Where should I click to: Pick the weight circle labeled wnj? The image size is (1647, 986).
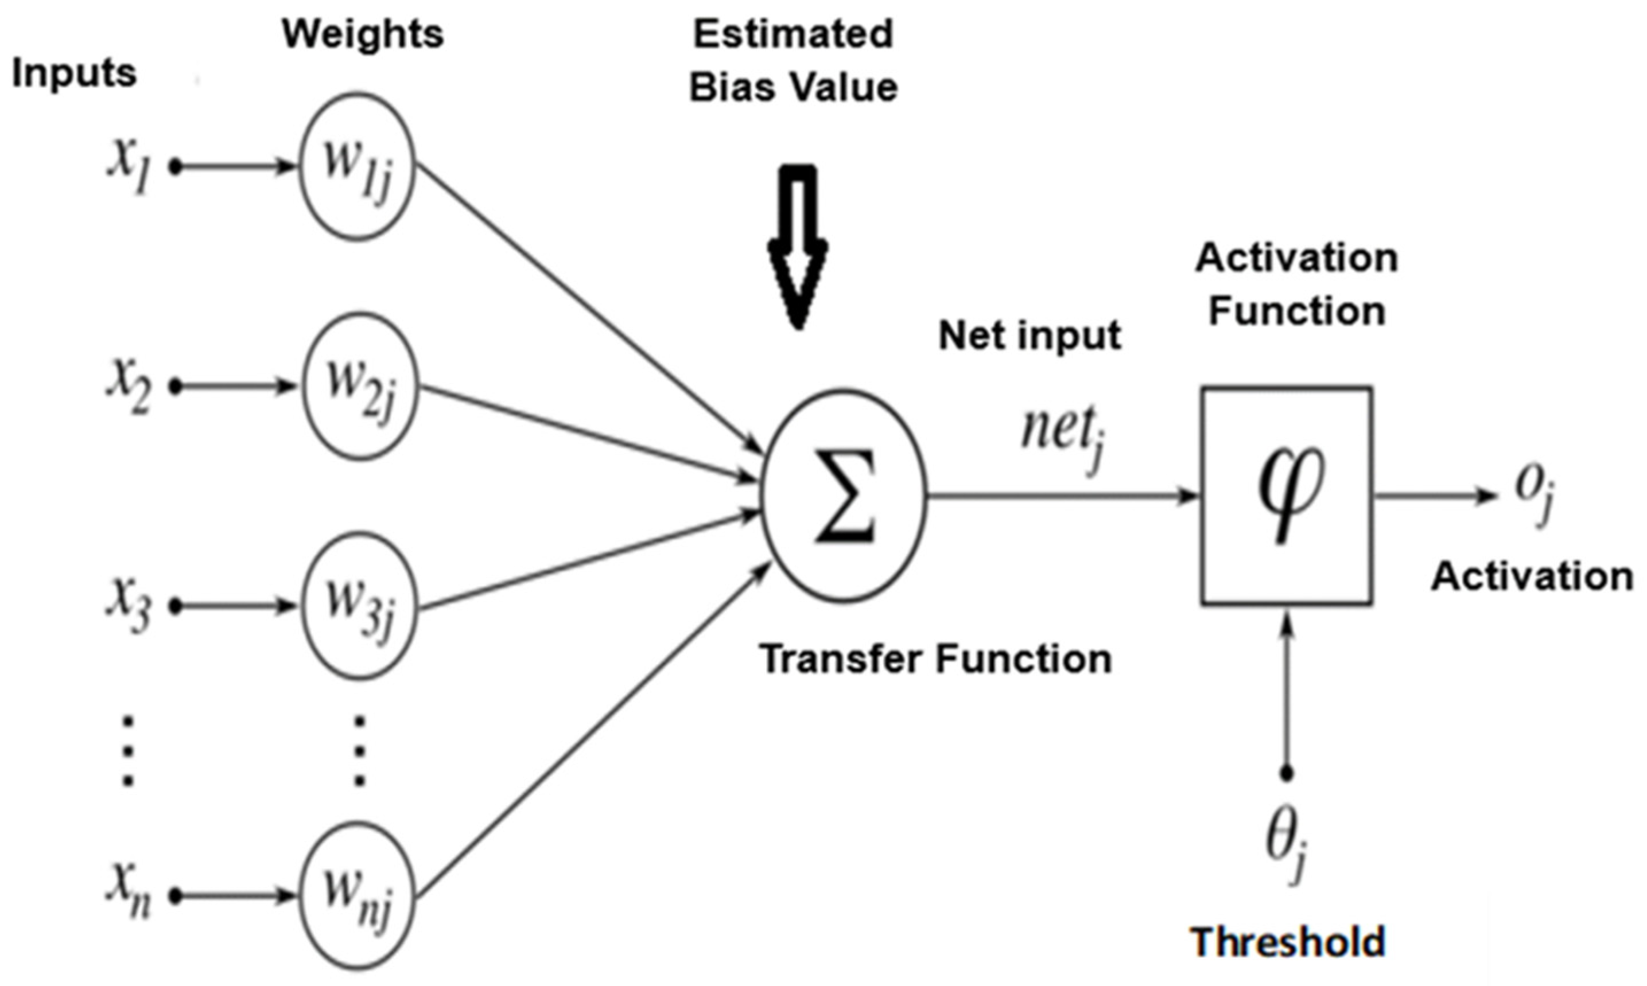coord(357,897)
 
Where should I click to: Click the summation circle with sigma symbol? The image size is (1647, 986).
coord(844,496)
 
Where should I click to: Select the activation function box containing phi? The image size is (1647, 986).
coord(1287,496)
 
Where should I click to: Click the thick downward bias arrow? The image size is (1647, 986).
coord(798,246)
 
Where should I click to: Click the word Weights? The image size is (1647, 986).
coord(362,34)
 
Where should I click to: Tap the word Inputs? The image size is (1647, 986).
coord(75,73)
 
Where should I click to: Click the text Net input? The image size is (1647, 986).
coord(1030,336)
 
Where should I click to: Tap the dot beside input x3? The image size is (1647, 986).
coord(176,606)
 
